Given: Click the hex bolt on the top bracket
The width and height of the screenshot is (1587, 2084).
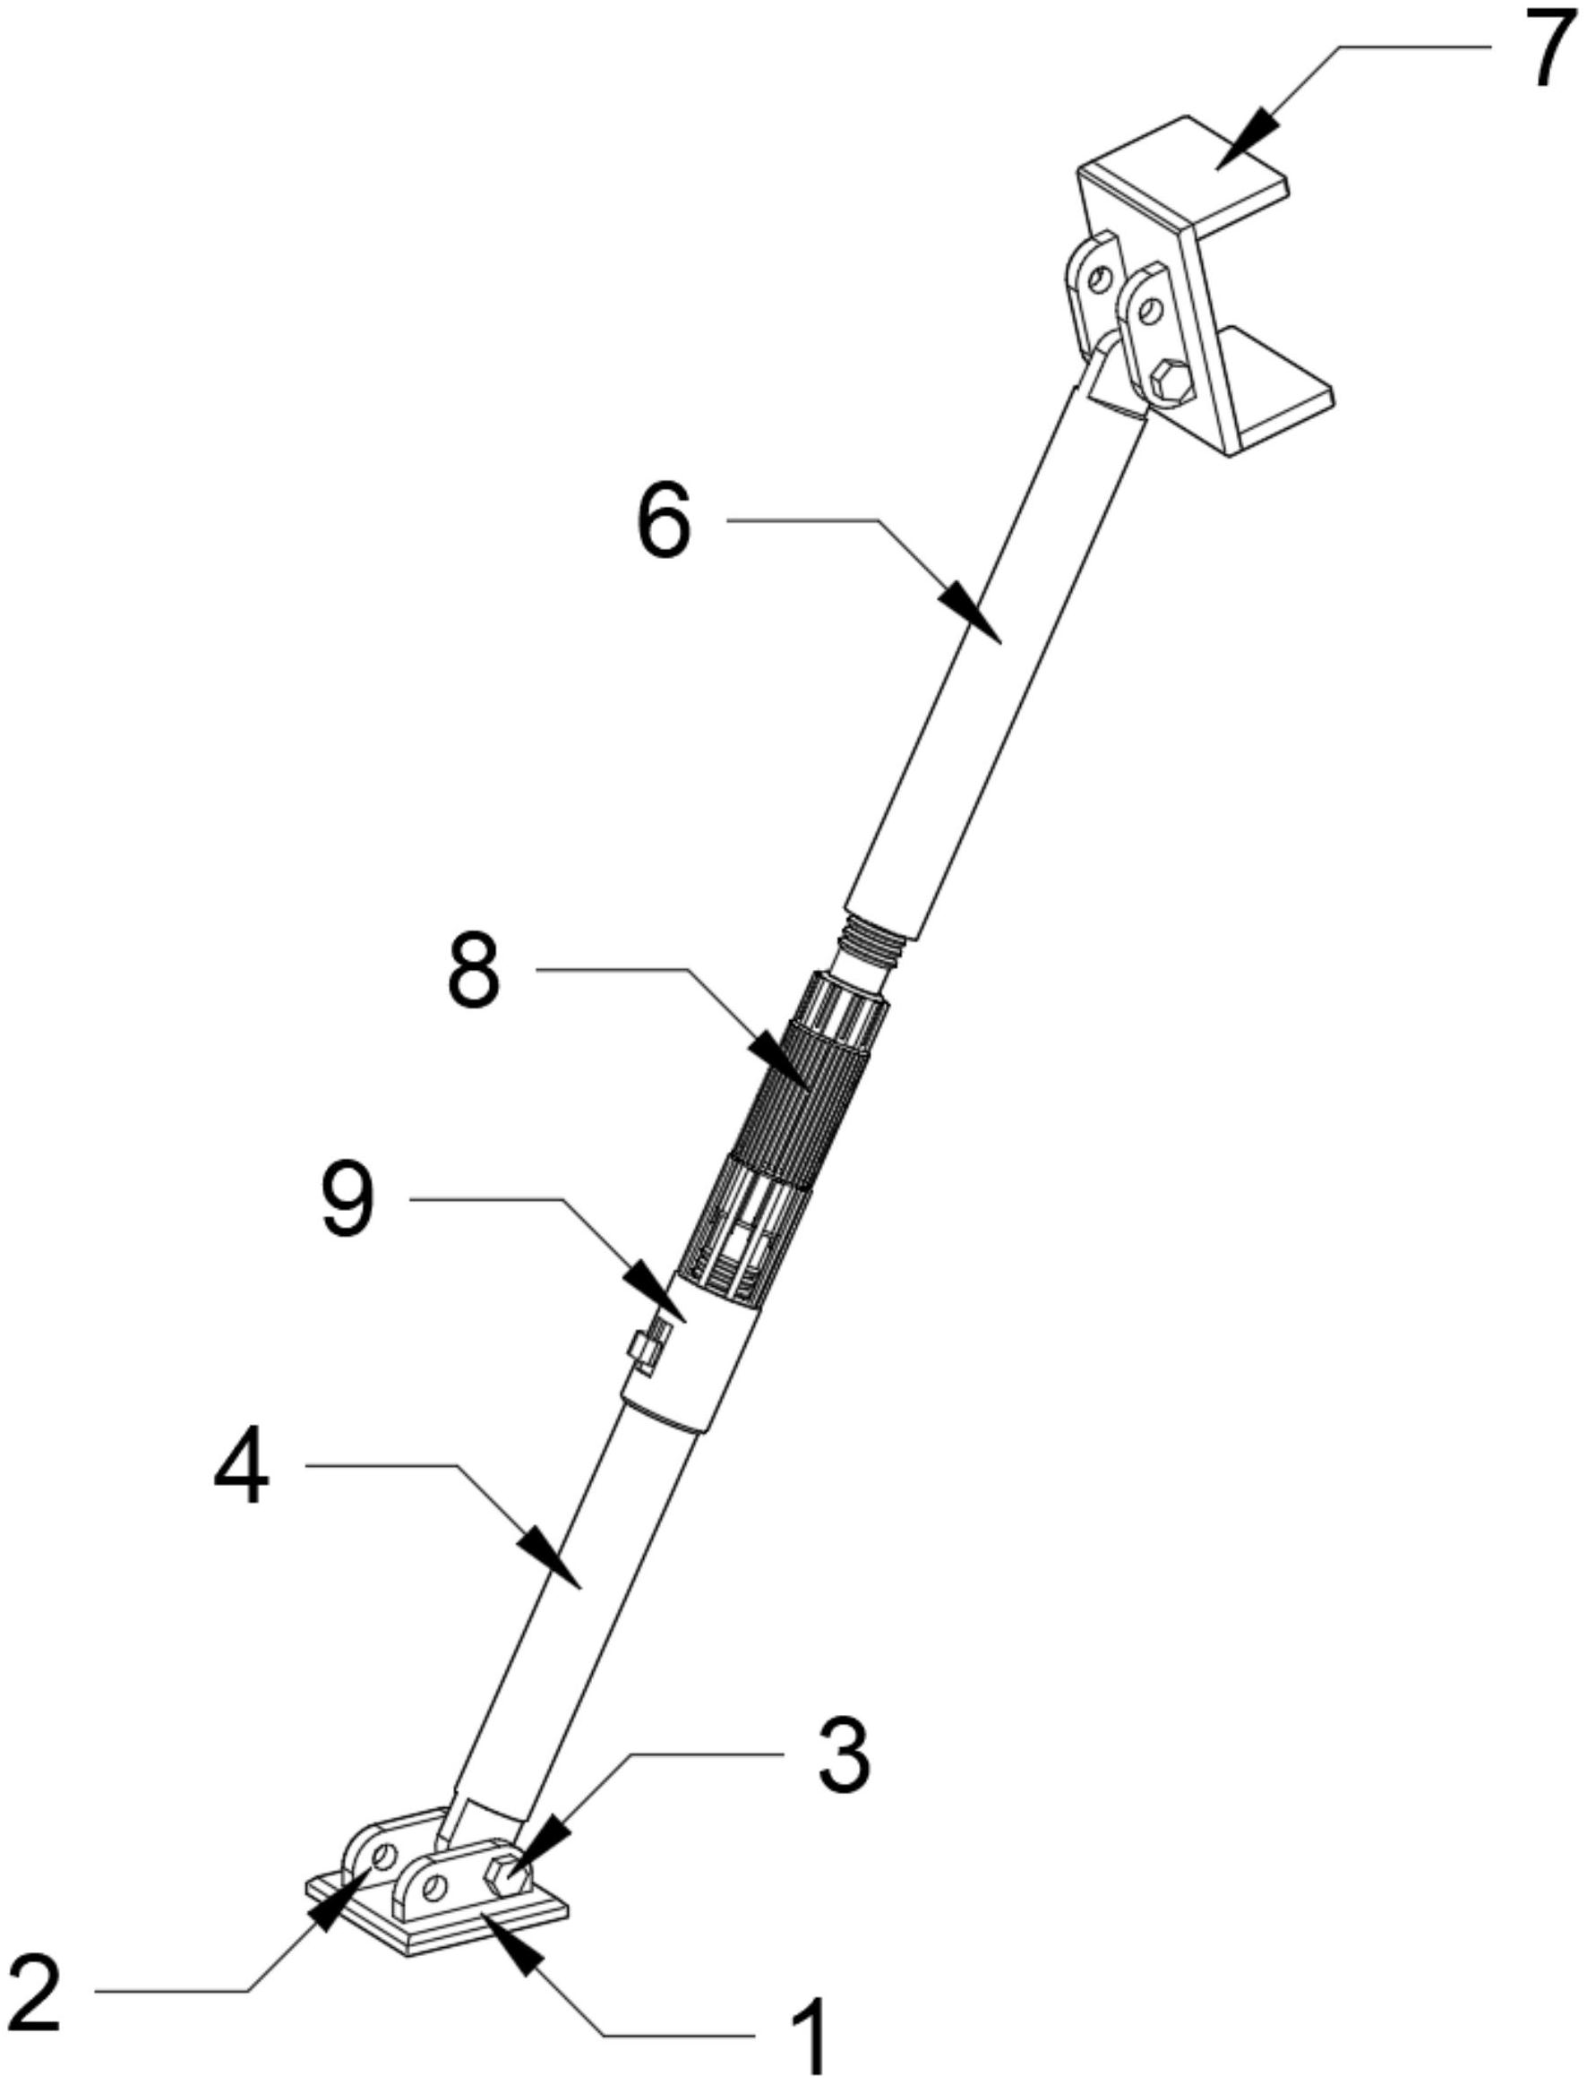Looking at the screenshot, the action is pos(1172,381).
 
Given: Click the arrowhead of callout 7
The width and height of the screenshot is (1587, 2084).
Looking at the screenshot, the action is pos(1245,139).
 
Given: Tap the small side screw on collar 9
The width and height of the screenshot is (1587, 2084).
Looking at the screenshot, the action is pos(651,1346).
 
